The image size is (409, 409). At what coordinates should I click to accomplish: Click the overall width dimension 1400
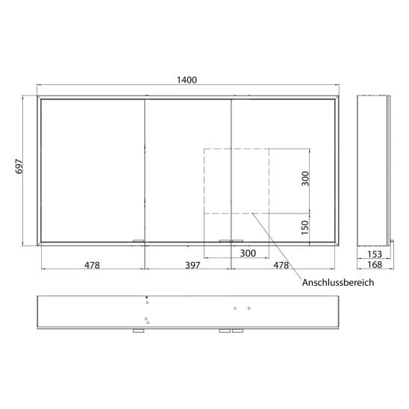click(187, 80)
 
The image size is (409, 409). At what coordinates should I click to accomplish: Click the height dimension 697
click(19, 166)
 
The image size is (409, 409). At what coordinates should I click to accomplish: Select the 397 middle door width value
click(193, 265)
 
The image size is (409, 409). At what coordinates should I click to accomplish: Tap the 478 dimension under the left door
click(92, 265)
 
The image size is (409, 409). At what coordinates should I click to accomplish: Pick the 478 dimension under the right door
click(281, 265)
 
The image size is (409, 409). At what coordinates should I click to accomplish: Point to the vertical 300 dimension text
click(305, 178)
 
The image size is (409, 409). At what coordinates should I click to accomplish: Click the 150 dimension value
click(305, 228)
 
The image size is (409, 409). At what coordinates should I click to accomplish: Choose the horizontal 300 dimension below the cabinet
click(248, 253)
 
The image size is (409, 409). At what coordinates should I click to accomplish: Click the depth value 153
click(375, 254)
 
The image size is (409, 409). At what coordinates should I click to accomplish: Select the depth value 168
click(375, 265)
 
